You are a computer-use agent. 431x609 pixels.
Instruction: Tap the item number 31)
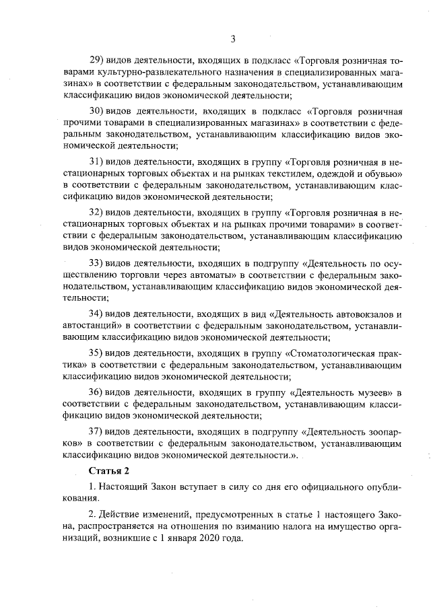click(x=98, y=162)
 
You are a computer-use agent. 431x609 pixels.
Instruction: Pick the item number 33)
click(x=98, y=262)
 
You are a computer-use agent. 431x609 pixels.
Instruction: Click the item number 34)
click(x=98, y=314)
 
